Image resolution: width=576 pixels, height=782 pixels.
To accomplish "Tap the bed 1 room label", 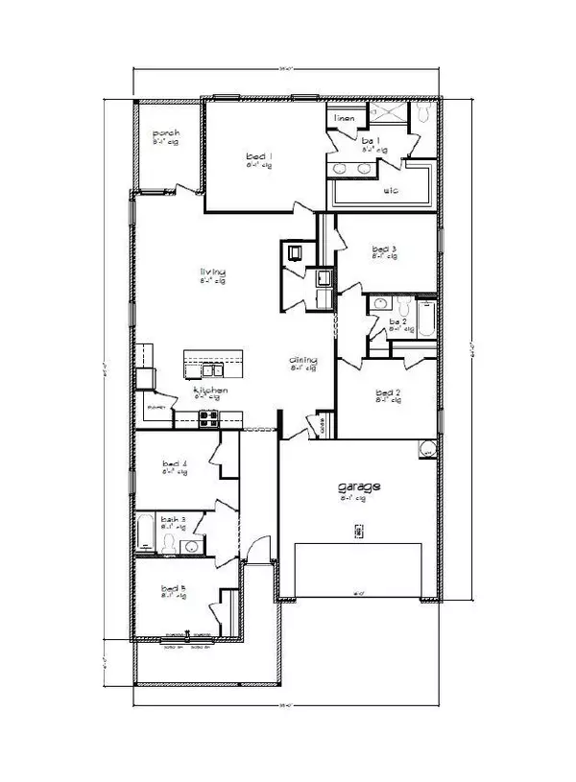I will coord(258,155).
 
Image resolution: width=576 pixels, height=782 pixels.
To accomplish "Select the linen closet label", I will coord(345,118).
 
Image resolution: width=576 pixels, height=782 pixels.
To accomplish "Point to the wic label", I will coord(391,190).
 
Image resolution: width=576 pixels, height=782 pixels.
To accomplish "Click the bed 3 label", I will coord(384,249).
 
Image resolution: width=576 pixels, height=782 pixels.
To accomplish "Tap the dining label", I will coord(303,362).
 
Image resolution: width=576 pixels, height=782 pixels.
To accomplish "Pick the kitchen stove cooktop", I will coord(206,415).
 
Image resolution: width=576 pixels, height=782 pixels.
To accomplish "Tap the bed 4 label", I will coord(174,465).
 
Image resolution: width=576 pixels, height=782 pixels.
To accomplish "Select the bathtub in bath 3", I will coord(146,533).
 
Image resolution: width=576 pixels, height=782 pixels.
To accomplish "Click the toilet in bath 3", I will coord(170,544).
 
